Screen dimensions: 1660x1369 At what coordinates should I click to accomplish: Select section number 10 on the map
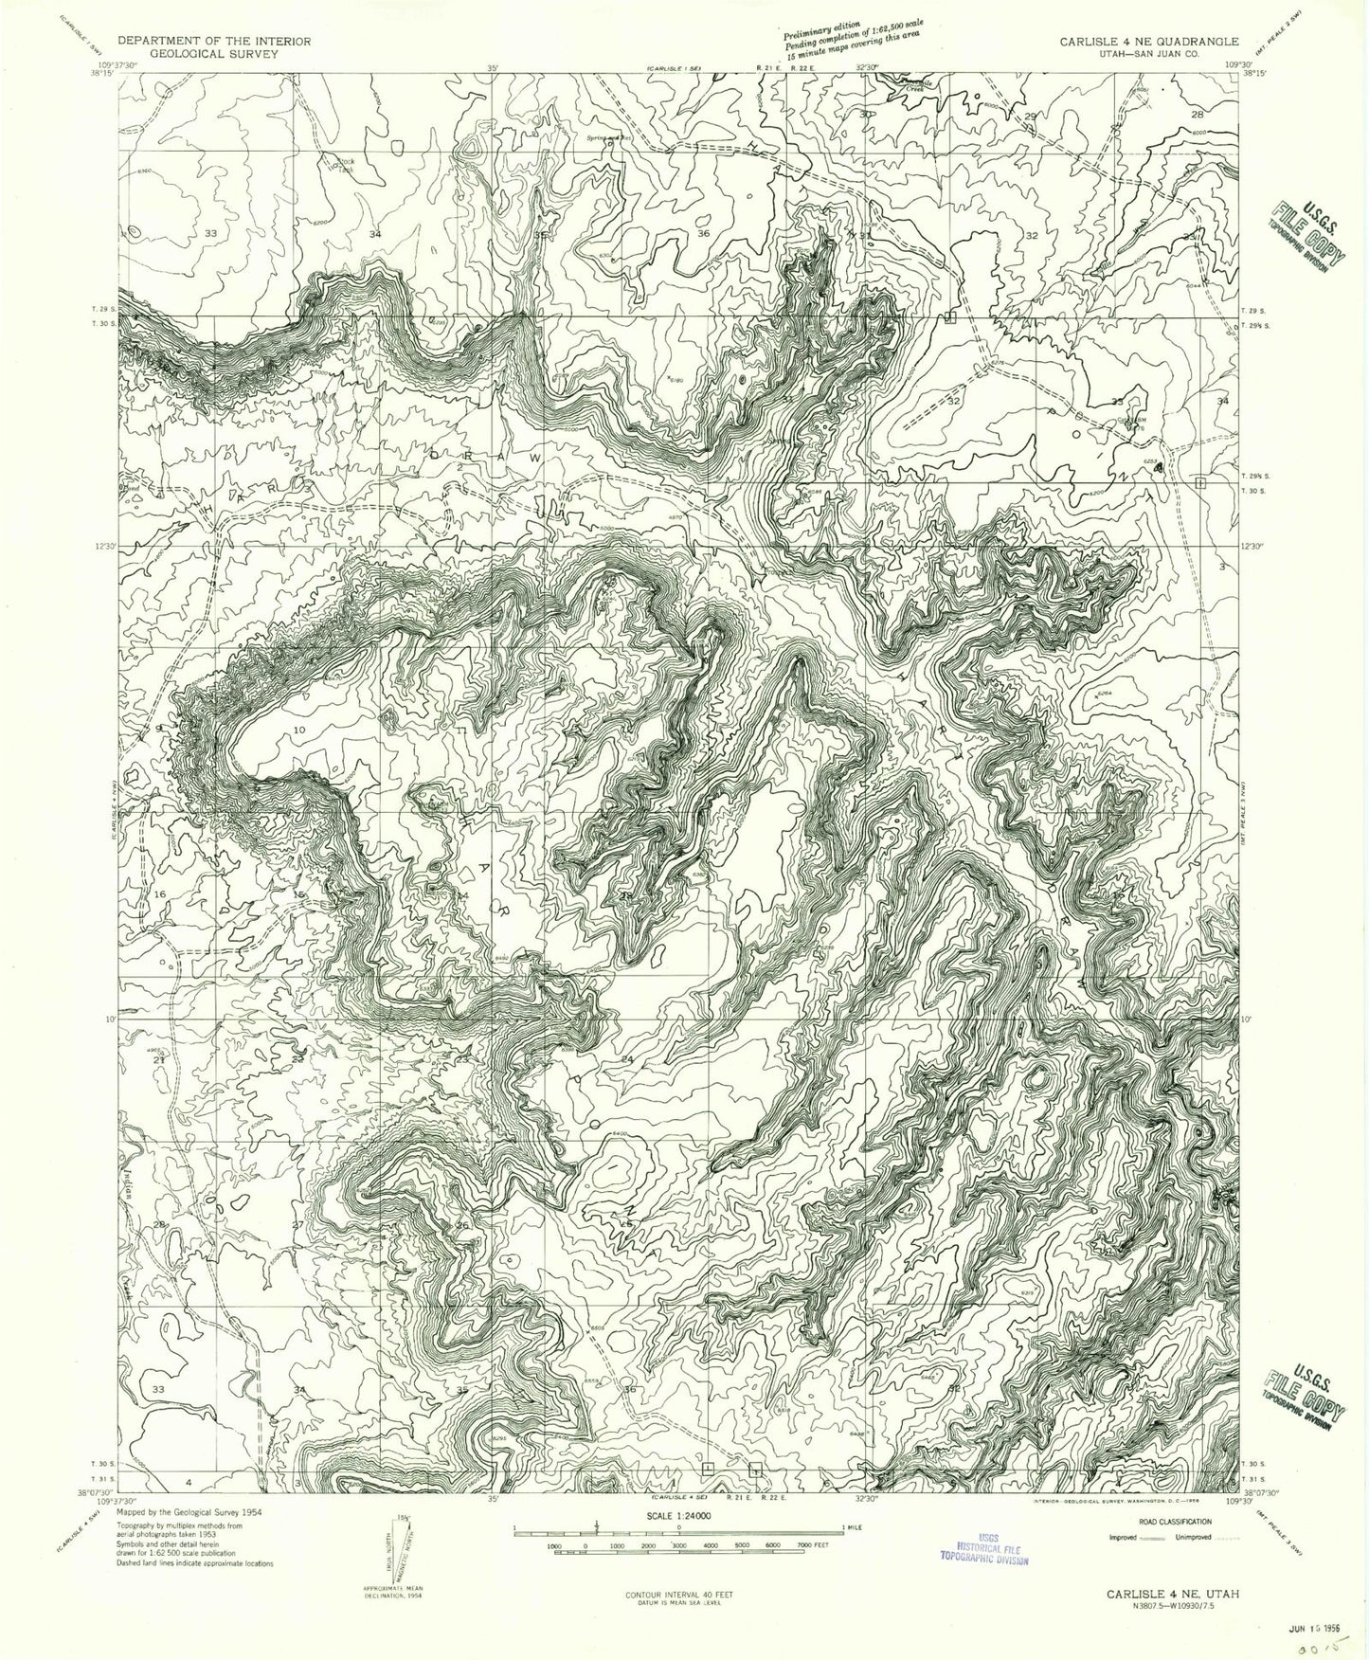[x=299, y=730]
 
